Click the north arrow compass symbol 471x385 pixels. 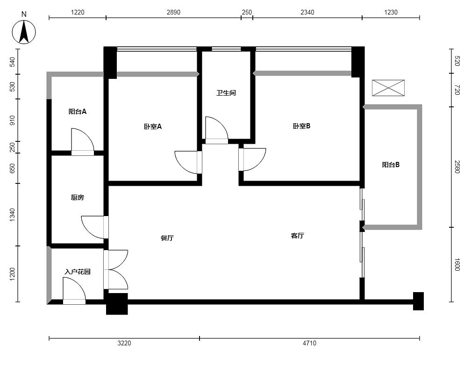pos(24,32)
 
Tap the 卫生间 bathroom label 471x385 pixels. pos(226,93)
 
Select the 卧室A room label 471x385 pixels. pos(153,126)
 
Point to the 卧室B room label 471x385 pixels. pos(301,126)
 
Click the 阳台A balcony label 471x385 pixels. pos(78,112)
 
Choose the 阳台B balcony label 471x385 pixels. pos(391,165)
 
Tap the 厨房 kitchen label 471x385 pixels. pos(78,197)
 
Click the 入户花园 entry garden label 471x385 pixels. pos(78,272)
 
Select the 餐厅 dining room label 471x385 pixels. pos(167,238)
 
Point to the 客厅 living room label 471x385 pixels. pos(297,236)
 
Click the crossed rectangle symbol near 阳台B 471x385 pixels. pos(388,88)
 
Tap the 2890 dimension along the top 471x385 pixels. pos(174,12)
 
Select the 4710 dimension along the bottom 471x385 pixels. pos(309,343)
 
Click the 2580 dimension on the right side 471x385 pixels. pos(457,167)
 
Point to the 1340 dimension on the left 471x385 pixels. pos(12,215)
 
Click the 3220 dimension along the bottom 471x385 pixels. pos(124,343)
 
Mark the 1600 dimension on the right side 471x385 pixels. pos(457,265)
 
